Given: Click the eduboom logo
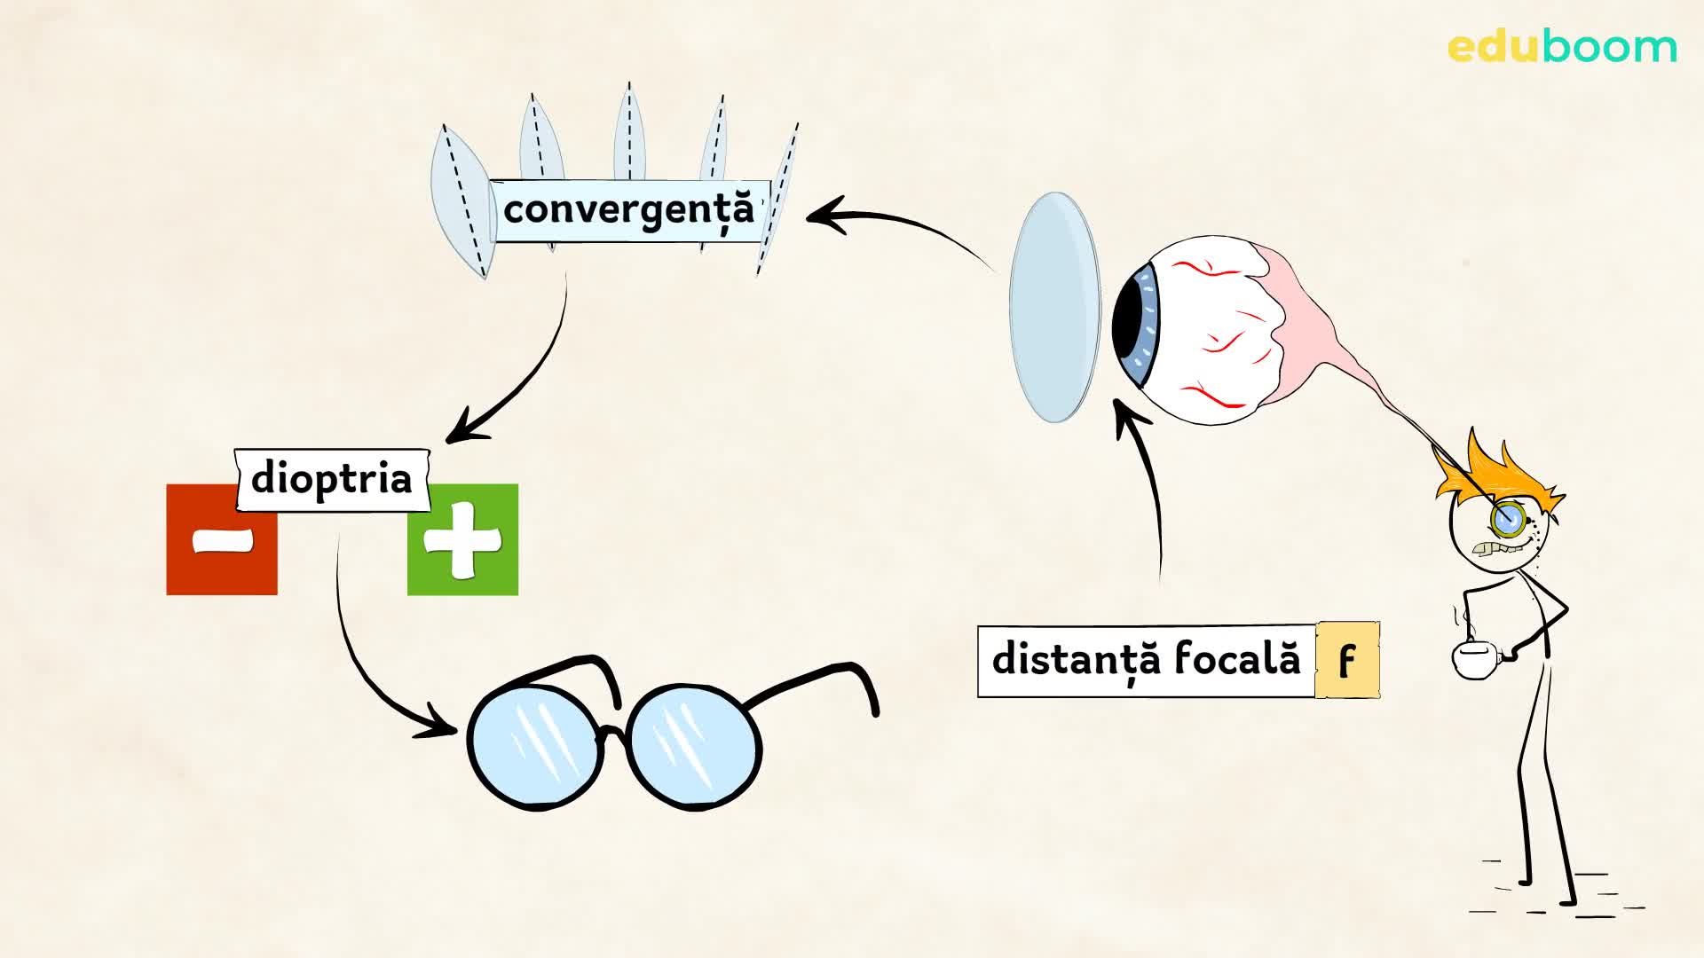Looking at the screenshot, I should [x=1562, y=47].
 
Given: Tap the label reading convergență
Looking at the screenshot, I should [x=627, y=210].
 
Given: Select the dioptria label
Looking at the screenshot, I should [x=332, y=479].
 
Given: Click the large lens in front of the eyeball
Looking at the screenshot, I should [x=1055, y=307].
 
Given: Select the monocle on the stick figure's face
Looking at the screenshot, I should [x=1506, y=518].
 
